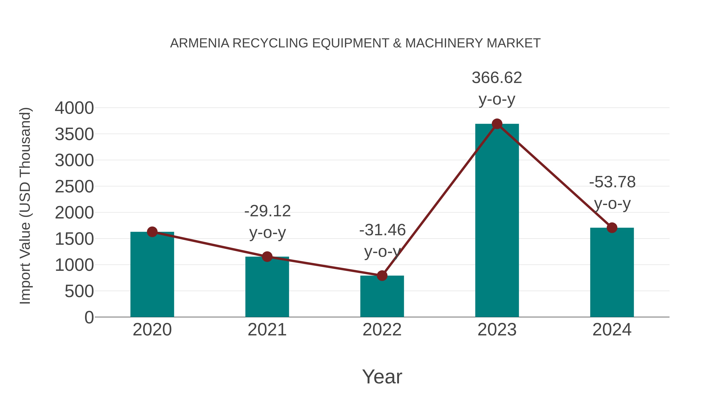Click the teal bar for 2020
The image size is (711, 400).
(152, 276)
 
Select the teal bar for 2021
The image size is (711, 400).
(267, 288)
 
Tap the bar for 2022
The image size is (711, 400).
(382, 298)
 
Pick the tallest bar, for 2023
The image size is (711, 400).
(497, 221)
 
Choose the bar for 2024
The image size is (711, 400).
(612, 273)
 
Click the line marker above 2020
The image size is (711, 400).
(152, 232)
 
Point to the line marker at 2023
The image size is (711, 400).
(497, 124)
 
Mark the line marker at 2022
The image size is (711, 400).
(382, 276)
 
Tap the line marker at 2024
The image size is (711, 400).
(612, 228)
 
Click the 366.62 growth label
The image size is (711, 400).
(497, 78)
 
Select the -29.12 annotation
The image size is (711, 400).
(267, 211)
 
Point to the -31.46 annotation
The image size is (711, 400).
(382, 230)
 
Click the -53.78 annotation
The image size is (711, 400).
(612, 182)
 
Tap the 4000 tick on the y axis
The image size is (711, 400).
(74, 108)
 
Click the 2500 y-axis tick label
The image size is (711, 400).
(74, 187)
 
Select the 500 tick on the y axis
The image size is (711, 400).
(79, 291)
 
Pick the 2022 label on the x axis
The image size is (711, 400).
(382, 330)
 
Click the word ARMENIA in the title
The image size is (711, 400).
(199, 43)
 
